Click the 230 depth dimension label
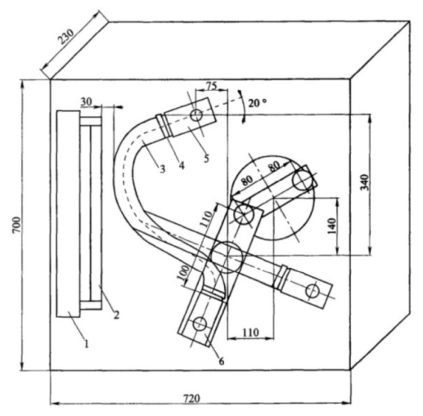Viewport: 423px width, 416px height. pyautogui.click(x=66, y=37)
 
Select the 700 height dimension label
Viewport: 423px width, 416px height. pyautogui.click(x=16, y=225)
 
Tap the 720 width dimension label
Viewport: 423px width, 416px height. pyautogui.click(x=191, y=399)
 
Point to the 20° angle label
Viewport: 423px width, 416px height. pyautogui.click(x=257, y=103)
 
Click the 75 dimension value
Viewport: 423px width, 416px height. pyautogui.click(x=211, y=86)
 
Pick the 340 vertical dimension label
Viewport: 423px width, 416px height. pyautogui.click(x=365, y=182)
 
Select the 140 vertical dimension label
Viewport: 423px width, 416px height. pyautogui.click(x=331, y=226)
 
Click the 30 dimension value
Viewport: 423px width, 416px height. pyautogui.click(x=87, y=101)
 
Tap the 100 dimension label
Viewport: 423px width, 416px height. pyautogui.click(x=183, y=273)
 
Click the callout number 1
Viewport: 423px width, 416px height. pyautogui.click(x=87, y=344)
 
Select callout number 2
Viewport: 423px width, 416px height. pyautogui.click(x=116, y=315)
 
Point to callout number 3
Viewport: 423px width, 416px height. pyautogui.click(x=162, y=169)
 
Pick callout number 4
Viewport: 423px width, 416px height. pyautogui.click(x=182, y=165)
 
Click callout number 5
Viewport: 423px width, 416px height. pyautogui.click(x=206, y=159)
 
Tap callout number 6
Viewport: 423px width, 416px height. pyautogui.click(x=222, y=361)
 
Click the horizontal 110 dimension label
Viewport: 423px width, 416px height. pyautogui.click(x=250, y=332)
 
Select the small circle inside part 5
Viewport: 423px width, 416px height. pyautogui.click(x=196, y=115)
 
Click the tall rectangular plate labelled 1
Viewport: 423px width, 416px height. pyautogui.click(x=68, y=214)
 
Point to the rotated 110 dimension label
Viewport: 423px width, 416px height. pyautogui.click(x=206, y=219)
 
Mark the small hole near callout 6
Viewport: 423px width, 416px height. pyautogui.click(x=200, y=324)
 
